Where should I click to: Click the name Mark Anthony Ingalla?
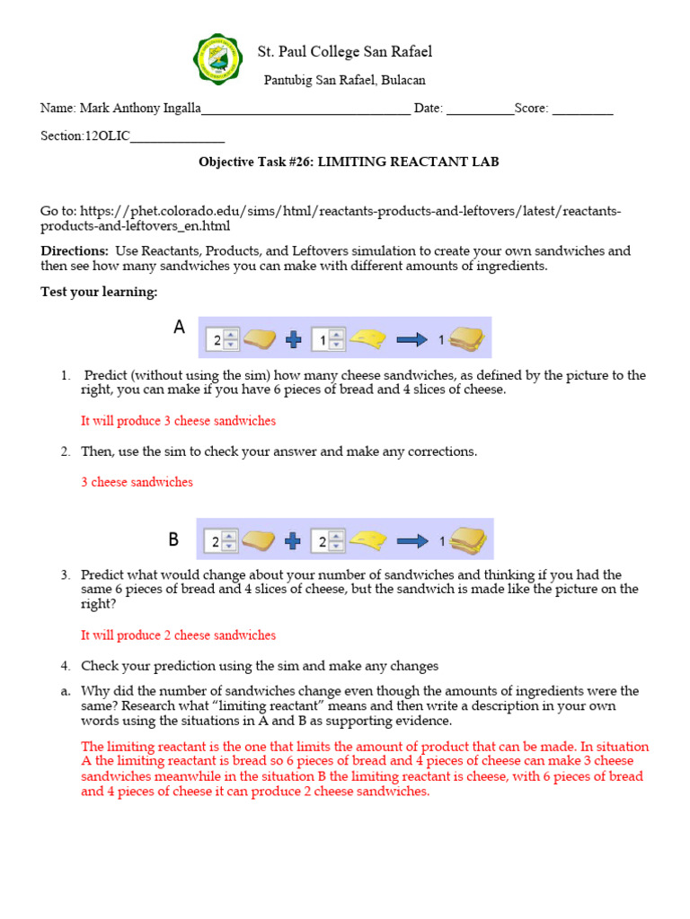point(140,109)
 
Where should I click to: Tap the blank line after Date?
point(480,109)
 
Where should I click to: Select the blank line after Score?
point(582,109)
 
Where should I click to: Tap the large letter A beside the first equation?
point(180,328)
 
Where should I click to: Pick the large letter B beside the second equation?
point(174,539)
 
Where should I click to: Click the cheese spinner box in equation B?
point(324,541)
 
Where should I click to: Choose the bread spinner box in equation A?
point(221,339)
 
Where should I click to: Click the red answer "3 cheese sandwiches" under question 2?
point(137,482)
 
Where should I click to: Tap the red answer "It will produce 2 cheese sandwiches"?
point(178,635)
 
